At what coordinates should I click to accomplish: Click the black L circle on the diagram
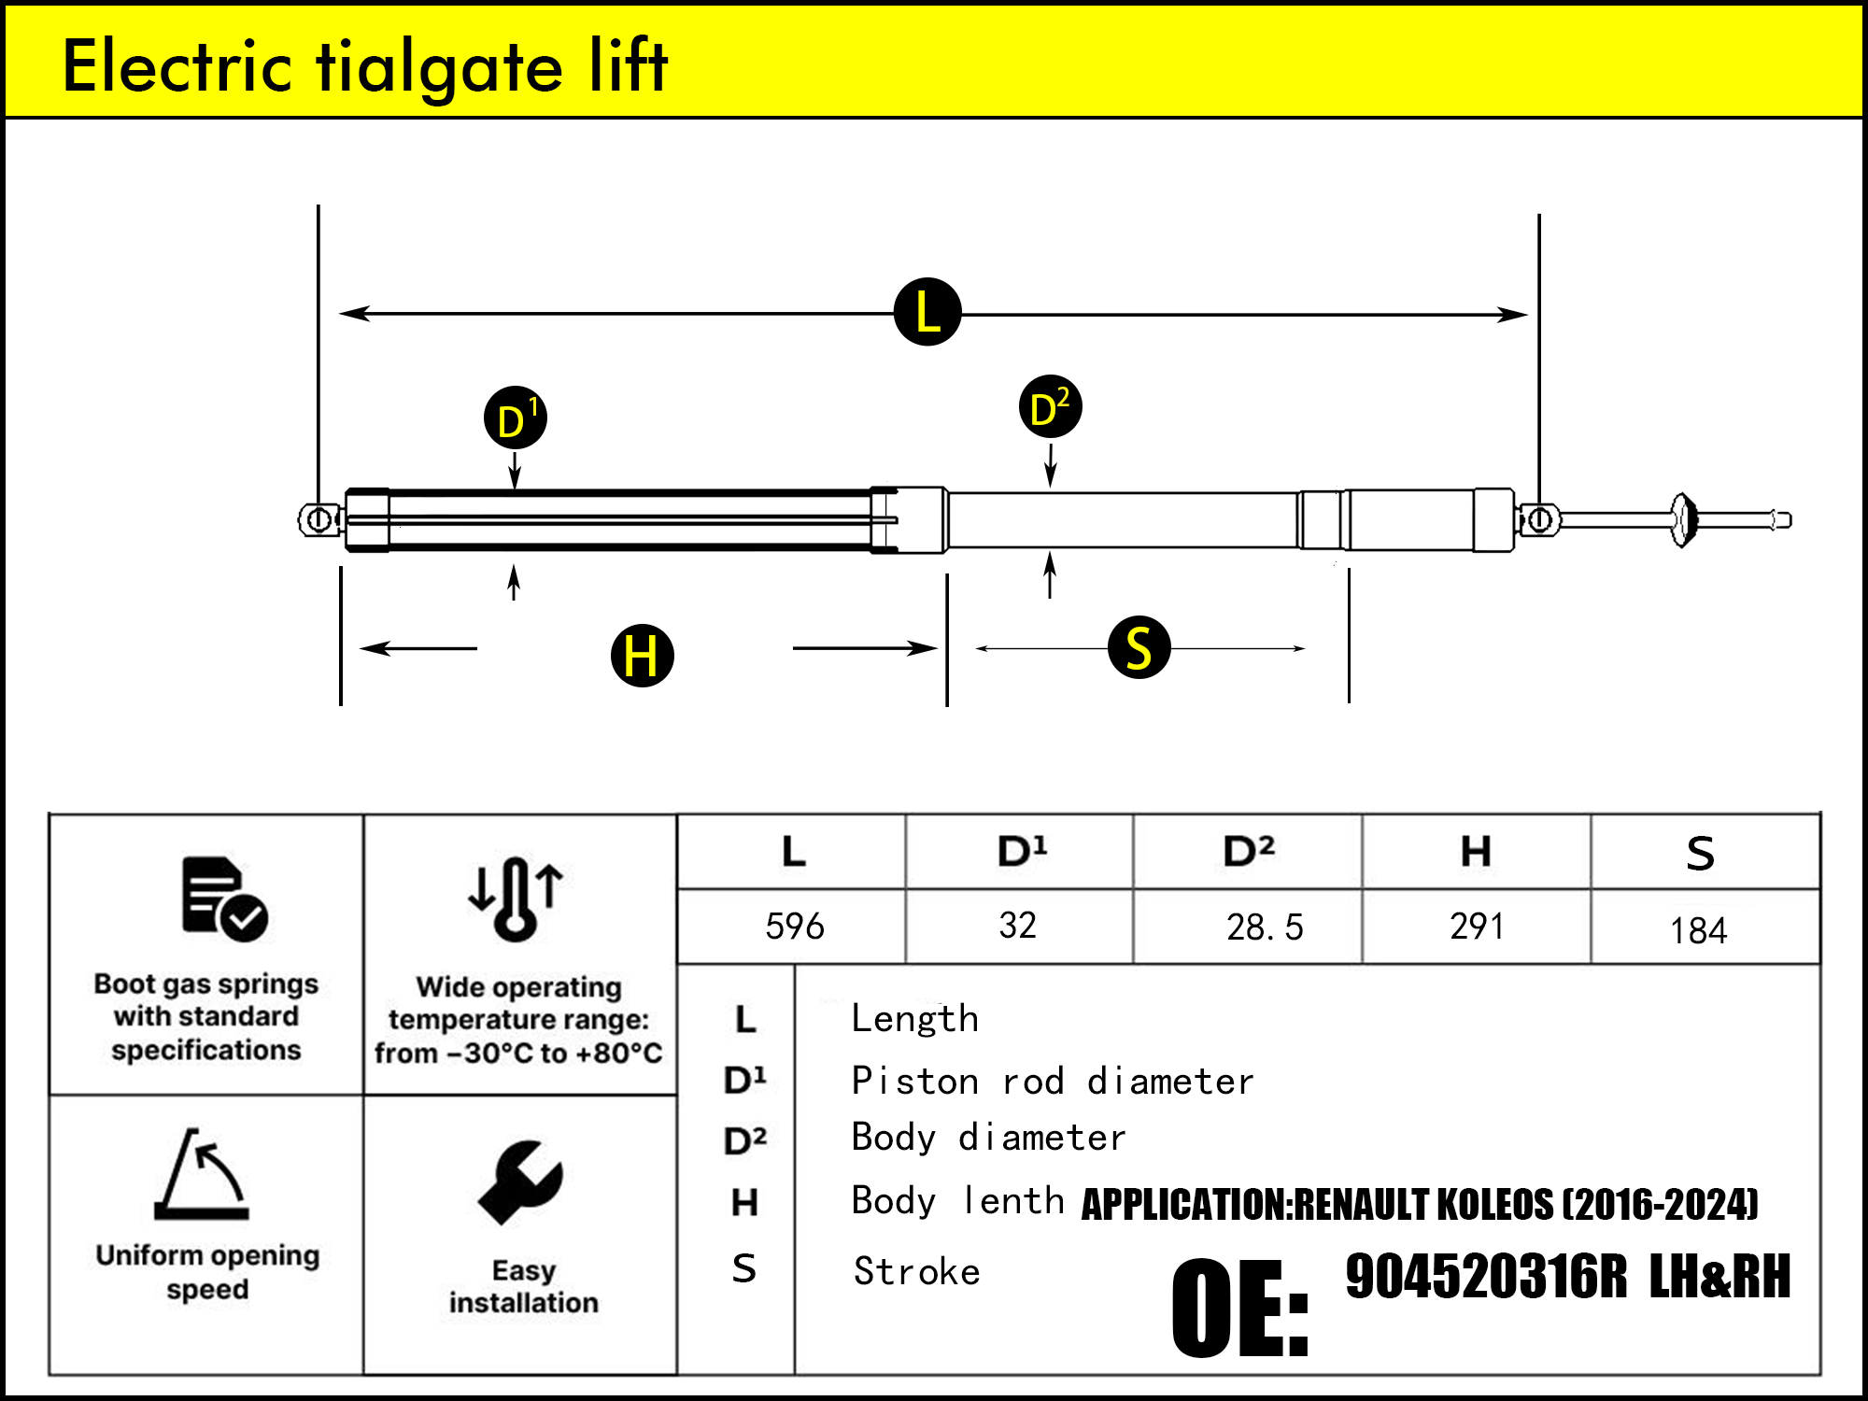pyautogui.click(x=927, y=312)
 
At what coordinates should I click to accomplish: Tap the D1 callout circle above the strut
pyautogui.click(x=516, y=417)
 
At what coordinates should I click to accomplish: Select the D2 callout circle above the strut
pyautogui.click(x=1050, y=407)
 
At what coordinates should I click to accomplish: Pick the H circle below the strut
pyautogui.click(x=642, y=655)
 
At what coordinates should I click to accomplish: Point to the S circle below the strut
pyautogui.click(x=1139, y=647)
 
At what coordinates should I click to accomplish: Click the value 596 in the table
pyautogui.click(x=794, y=927)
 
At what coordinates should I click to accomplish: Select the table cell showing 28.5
pyautogui.click(x=1264, y=927)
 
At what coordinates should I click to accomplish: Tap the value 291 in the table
pyautogui.click(x=1477, y=927)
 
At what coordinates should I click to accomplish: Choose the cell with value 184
pyautogui.click(x=1698, y=930)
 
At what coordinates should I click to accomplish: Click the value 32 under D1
pyautogui.click(x=1017, y=926)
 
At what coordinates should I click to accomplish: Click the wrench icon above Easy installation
pyautogui.click(x=520, y=1182)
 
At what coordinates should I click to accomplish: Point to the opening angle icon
pyautogui.click(x=203, y=1174)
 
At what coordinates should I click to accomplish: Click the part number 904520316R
pyautogui.click(x=1486, y=1277)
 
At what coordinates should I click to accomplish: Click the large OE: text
pyautogui.click(x=1239, y=1309)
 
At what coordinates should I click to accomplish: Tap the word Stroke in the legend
pyautogui.click(x=916, y=1272)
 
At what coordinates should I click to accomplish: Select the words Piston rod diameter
pyautogui.click(x=1052, y=1082)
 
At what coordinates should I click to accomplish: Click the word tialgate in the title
pyautogui.click(x=440, y=67)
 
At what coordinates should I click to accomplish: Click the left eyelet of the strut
pyautogui.click(x=319, y=519)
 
